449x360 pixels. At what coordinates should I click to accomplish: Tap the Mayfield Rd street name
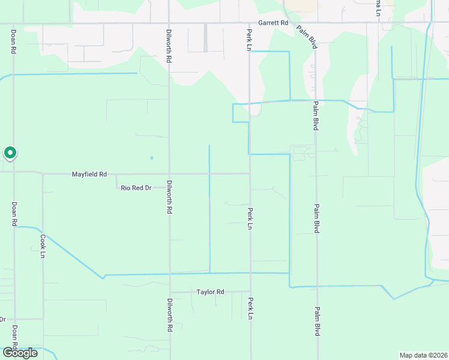point(89,175)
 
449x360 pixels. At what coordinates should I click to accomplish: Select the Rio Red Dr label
point(136,188)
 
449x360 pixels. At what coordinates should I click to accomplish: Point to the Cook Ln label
point(43,246)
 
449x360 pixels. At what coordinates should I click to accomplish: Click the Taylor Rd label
point(210,292)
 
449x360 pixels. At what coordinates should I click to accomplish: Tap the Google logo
point(20,353)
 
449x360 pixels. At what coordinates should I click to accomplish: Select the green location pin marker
point(10,154)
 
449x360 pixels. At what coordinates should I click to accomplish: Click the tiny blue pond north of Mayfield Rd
point(151,158)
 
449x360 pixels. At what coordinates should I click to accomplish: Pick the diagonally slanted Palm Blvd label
point(306,37)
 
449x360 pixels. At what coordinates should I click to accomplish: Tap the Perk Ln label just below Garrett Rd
point(249,40)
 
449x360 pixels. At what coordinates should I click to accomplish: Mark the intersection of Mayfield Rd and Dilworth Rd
point(169,175)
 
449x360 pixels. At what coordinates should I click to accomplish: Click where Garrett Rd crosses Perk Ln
point(249,24)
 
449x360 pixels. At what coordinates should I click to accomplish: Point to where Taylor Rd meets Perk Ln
point(250,292)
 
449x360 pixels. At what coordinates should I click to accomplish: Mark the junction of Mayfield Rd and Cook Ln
point(43,175)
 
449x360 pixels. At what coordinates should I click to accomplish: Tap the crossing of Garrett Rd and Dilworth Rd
point(169,24)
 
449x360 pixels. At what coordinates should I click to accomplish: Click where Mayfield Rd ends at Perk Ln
point(250,175)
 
